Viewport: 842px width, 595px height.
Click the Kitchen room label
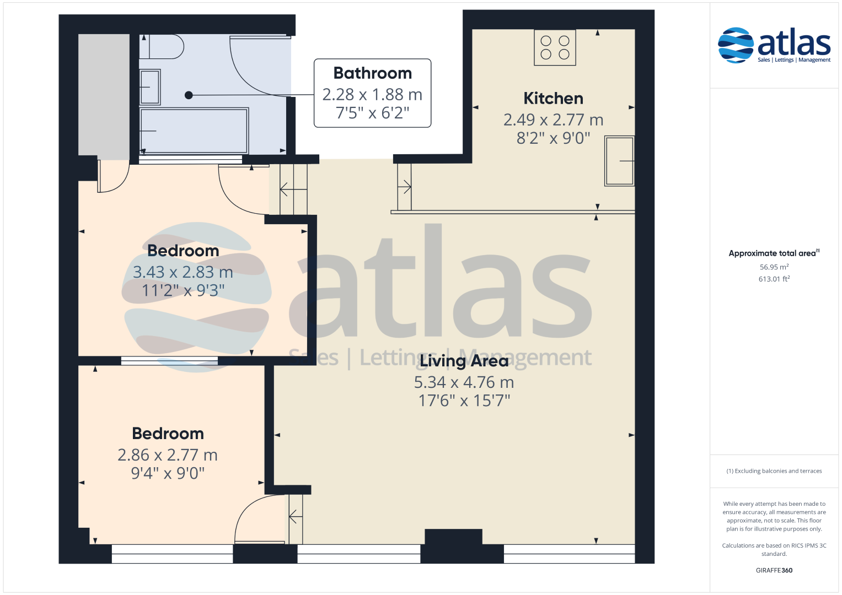(x=553, y=99)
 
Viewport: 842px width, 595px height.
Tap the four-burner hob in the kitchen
(x=555, y=48)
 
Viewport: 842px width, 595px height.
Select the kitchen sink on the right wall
(x=619, y=161)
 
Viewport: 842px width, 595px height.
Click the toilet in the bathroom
(x=162, y=47)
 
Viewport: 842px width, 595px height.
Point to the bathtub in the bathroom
(x=194, y=131)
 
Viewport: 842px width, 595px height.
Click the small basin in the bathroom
(x=150, y=87)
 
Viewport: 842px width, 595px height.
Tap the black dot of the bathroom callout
(x=189, y=95)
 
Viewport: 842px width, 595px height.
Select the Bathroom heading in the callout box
(x=373, y=73)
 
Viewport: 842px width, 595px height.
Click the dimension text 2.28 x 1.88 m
(x=372, y=95)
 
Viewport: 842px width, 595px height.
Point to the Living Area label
(x=464, y=361)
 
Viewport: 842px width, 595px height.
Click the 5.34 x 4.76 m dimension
(x=464, y=382)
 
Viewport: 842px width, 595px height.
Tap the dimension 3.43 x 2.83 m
(x=183, y=272)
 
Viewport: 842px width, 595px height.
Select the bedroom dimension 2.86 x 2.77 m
(x=168, y=455)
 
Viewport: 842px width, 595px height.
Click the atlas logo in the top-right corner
(x=774, y=45)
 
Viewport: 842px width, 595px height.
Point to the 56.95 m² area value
(x=774, y=267)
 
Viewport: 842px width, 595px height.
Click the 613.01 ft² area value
(x=774, y=279)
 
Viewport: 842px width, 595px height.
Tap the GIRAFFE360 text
(x=774, y=570)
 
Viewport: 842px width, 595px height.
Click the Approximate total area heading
(x=774, y=253)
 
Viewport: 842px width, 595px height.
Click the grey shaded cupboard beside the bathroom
(x=104, y=95)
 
